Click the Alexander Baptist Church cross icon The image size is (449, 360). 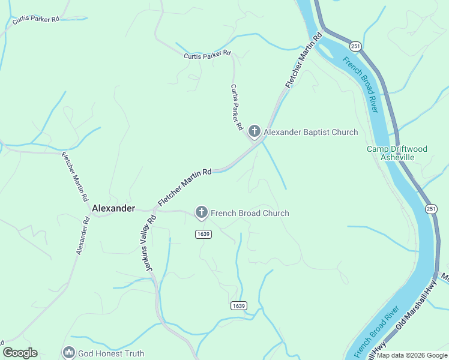[255, 131]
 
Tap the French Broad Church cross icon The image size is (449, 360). [201, 212]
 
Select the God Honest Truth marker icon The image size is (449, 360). [68, 353]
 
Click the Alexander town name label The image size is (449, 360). [113, 208]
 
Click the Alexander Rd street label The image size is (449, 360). [83, 236]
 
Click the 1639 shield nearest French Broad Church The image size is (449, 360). [203, 234]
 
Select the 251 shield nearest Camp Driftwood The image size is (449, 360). [431, 208]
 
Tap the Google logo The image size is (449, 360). [20, 353]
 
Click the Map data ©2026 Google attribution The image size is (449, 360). [412, 355]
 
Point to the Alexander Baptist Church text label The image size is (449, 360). [311, 132]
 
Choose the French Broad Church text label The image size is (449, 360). [250, 213]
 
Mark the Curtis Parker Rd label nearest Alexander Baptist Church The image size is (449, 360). [236, 107]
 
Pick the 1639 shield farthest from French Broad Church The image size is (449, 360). [238, 306]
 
